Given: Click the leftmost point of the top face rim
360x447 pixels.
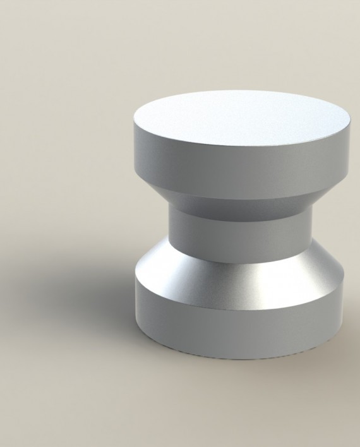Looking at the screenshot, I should click(x=135, y=122).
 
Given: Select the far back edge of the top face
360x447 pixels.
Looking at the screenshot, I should click(x=243, y=91).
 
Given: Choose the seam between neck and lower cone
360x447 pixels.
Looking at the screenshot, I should click(x=243, y=252).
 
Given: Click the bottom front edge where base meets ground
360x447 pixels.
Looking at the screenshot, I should click(x=243, y=355).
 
